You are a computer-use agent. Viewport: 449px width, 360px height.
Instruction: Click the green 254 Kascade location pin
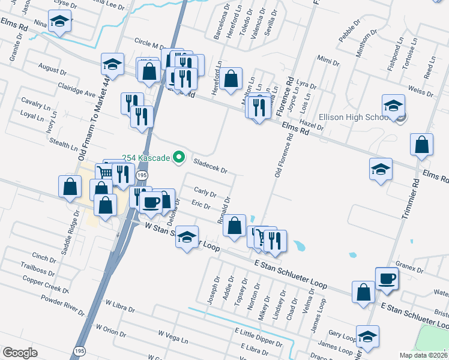tap(178, 158)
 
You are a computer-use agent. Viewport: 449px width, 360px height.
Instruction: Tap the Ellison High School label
tap(354, 117)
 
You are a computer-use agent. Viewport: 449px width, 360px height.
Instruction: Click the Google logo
tap(20, 353)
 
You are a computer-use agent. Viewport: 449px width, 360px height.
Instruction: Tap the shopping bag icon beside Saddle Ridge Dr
tap(70, 187)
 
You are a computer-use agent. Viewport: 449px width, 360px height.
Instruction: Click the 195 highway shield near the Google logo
tap(79, 350)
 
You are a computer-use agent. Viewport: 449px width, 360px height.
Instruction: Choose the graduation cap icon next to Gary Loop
tap(367, 336)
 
